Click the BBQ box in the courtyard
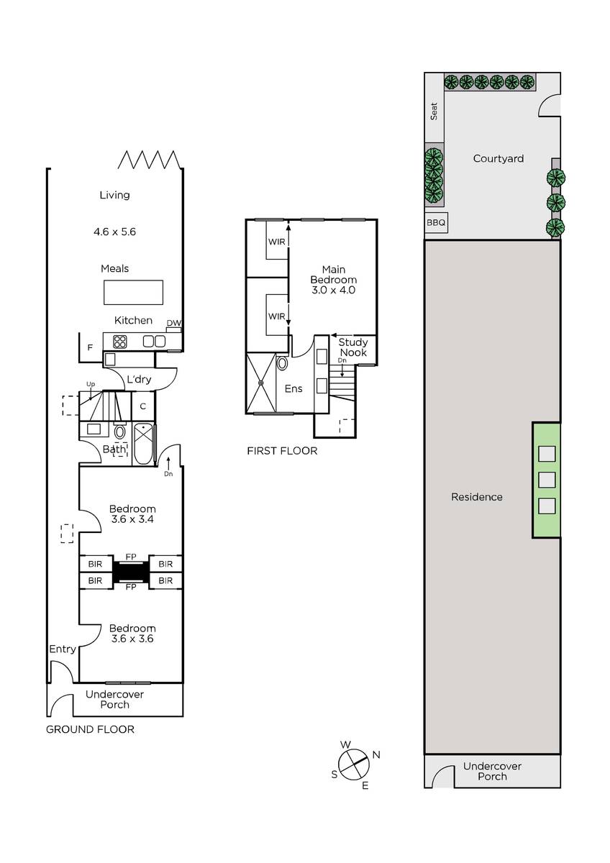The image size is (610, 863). (x=436, y=222)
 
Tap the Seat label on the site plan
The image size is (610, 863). (x=434, y=111)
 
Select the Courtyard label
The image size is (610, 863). (x=499, y=158)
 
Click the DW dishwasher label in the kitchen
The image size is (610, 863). (x=174, y=323)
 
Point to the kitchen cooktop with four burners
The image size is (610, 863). (x=120, y=342)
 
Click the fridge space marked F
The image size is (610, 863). (x=91, y=347)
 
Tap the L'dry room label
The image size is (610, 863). (x=139, y=380)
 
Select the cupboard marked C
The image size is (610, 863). (x=143, y=406)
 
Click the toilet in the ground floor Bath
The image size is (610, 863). (x=120, y=431)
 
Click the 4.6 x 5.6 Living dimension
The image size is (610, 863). (x=115, y=232)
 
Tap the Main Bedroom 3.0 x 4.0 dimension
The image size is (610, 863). (x=334, y=290)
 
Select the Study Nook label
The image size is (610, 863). (x=353, y=347)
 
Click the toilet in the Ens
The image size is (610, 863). (x=282, y=363)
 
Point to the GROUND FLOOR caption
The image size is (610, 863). (x=90, y=729)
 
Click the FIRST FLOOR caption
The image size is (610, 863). (x=282, y=451)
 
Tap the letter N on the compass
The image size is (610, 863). (x=376, y=754)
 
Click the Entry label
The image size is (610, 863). (x=63, y=649)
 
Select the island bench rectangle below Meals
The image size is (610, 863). (x=133, y=293)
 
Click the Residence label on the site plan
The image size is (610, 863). (x=477, y=497)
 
